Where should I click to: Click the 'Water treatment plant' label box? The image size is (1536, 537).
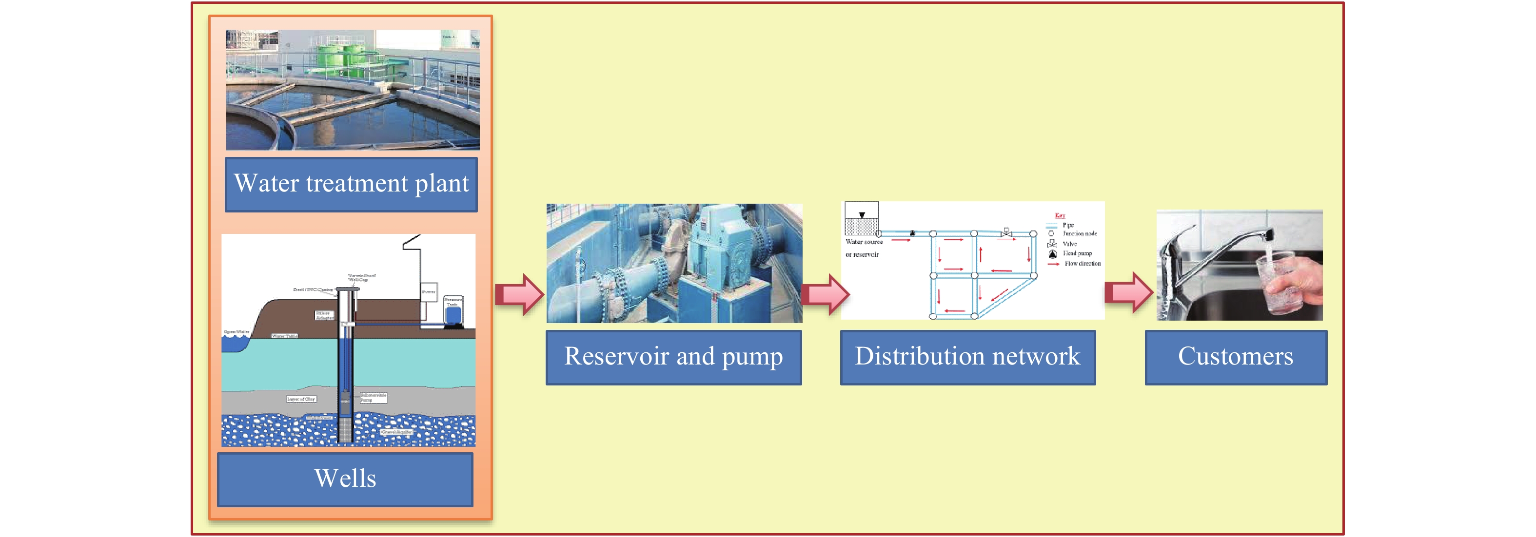pyautogui.click(x=351, y=184)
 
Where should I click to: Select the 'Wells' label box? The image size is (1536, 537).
pyautogui.click(x=345, y=479)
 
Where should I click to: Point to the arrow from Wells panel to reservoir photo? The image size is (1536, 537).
pyautogui.click(x=519, y=294)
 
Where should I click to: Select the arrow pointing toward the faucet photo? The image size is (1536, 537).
pyautogui.click(x=1128, y=292)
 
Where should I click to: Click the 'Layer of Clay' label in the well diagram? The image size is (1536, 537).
pyautogui.click(x=301, y=399)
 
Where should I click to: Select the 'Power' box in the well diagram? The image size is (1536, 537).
pyautogui.click(x=429, y=292)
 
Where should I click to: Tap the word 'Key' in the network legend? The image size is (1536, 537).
pyautogui.click(x=1060, y=215)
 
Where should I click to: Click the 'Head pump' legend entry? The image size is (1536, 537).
pyautogui.click(x=1076, y=253)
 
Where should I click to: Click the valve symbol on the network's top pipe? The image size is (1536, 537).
pyautogui.click(x=1006, y=232)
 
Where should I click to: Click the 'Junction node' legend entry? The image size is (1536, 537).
pyautogui.click(x=1079, y=233)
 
